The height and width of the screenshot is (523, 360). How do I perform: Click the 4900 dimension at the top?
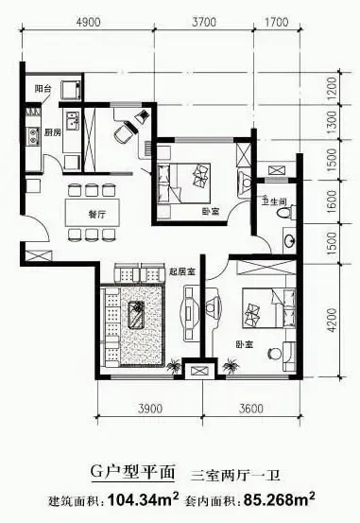88,23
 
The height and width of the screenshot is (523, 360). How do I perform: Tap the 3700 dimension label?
204,23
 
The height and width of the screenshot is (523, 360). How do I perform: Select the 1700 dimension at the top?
276,23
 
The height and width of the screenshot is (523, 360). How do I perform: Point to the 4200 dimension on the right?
333,320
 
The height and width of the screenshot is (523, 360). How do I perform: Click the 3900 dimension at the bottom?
150,409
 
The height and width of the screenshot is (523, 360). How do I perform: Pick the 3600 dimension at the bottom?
250,409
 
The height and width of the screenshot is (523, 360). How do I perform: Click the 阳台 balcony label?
43,89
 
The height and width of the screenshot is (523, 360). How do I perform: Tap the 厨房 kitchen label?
53,132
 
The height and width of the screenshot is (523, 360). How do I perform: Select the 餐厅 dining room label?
97,214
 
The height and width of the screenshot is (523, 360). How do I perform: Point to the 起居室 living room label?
182,271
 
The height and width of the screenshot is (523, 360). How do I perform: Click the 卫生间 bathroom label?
274,201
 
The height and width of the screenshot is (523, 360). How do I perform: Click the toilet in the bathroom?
288,213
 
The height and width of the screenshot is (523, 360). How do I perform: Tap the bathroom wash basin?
289,239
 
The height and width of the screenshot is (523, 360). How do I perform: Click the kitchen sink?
73,121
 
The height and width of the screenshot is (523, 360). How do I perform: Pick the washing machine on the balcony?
71,89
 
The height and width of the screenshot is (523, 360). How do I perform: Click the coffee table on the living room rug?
136,315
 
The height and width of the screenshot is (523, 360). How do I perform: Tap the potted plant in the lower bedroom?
231,365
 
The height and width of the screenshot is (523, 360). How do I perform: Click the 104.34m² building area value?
144,499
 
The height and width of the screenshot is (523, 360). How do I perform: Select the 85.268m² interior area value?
280,499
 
